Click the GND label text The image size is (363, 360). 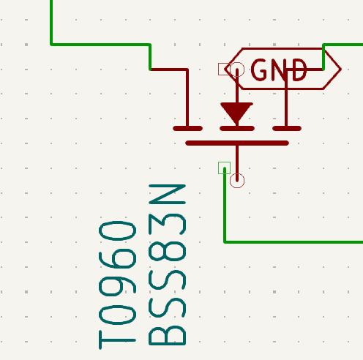[x=279, y=70]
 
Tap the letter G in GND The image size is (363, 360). [x=259, y=70]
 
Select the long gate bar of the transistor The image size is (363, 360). [x=237, y=143]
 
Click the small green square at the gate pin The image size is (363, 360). [x=224, y=168]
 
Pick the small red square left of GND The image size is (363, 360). [x=224, y=70]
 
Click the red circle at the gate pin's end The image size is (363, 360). [x=237, y=181]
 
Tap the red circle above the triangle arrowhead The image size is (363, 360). [x=237, y=70]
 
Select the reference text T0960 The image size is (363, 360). [x=117, y=285]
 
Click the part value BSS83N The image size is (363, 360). [x=168, y=265]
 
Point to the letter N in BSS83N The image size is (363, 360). [x=168, y=194]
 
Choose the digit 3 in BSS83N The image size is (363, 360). [x=168, y=225]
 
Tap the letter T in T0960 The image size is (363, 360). [x=117, y=340]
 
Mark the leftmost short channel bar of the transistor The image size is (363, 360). [x=187, y=129]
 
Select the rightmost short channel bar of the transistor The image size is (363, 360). [x=287, y=129]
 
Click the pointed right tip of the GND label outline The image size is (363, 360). [x=341, y=70]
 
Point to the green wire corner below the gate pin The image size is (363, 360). [x=225, y=242]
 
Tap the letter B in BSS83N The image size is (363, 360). [x=168, y=335]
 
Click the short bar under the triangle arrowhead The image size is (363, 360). [x=237, y=129]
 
